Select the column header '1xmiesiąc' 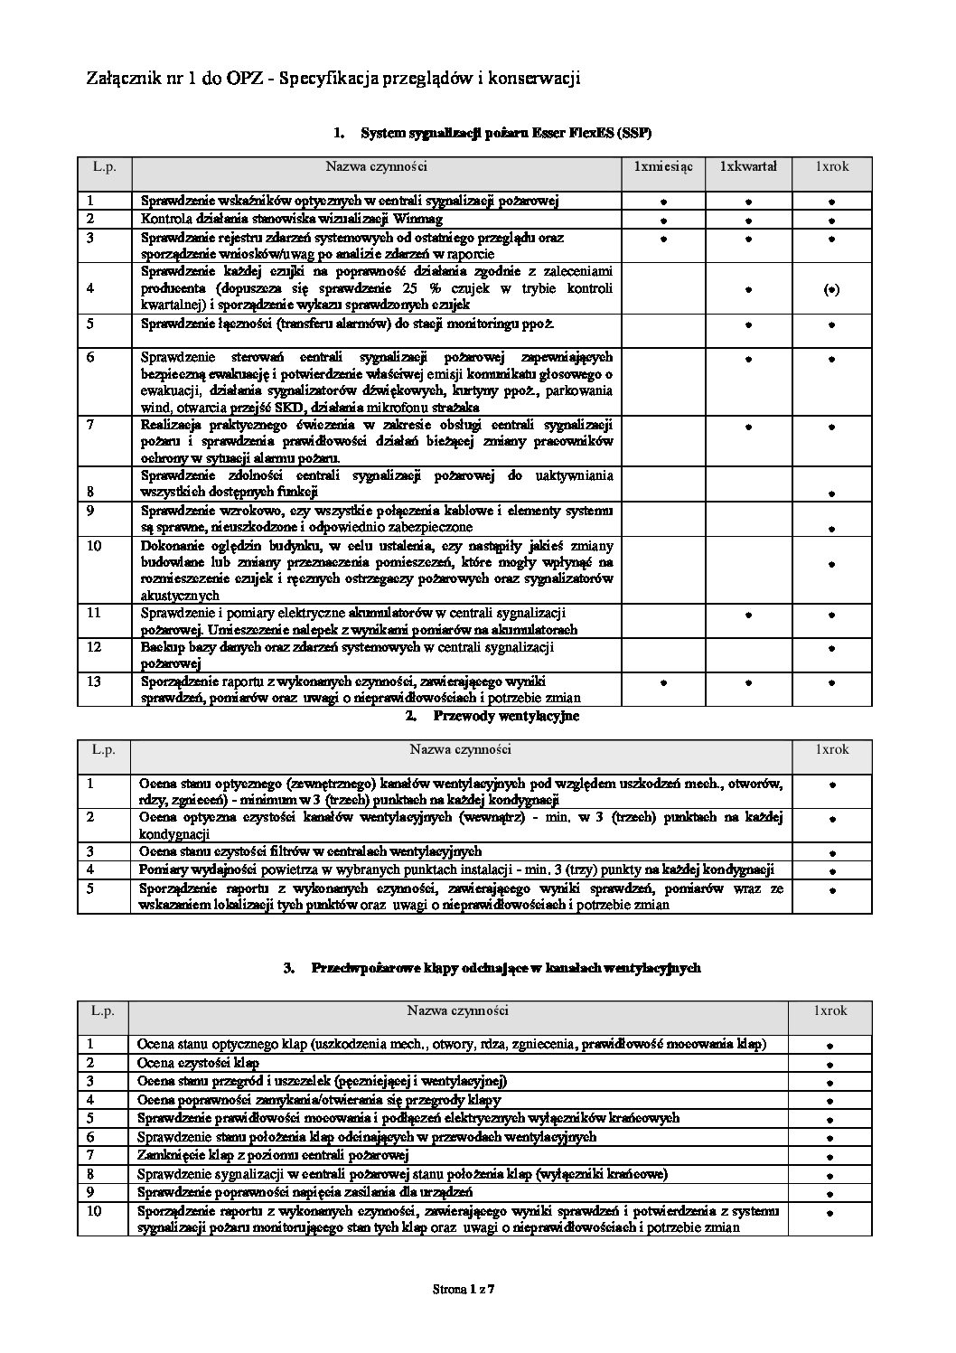point(662,166)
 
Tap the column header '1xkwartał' point(748,166)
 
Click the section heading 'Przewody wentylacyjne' point(506,716)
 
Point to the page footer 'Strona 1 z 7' point(464,1290)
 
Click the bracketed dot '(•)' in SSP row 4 point(831,290)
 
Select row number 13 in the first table point(95,681)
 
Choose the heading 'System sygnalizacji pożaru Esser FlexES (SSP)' point(505,134)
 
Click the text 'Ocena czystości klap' point(198,1063)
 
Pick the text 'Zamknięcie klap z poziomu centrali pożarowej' point(273,1155)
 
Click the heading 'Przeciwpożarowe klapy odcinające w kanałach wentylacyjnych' point(505,968)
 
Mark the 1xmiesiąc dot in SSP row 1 point(662,202)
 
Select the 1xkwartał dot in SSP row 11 point(748,615)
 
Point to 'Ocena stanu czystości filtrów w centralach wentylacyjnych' point(309,851)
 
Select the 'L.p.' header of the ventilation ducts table point(103,749)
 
